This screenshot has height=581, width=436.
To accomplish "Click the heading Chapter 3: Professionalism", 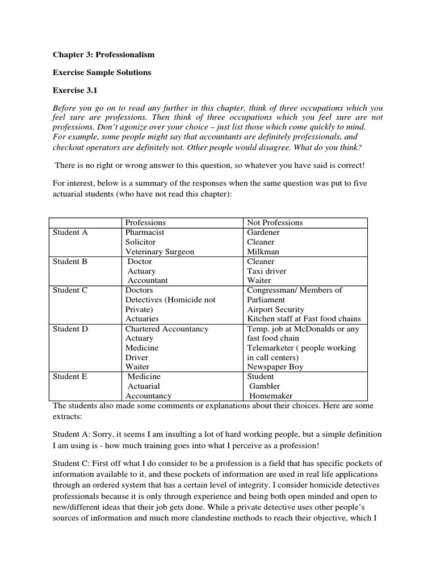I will click(103, 55).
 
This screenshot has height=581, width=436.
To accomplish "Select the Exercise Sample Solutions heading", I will click(102, 73).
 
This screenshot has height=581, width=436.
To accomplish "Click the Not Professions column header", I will click(275, 222).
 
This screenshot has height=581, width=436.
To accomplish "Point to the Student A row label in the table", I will click(70, 232).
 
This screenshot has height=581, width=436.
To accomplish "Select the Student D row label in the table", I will click(70, 329).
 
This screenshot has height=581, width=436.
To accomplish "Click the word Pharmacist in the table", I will click(145, 232).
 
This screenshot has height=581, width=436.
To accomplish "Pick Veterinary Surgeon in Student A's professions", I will click(160, 251).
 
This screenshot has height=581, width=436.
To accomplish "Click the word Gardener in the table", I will click(263, 232).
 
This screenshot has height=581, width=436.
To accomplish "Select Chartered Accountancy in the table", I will click(167, 329).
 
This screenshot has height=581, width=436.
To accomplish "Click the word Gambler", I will click(265, 386).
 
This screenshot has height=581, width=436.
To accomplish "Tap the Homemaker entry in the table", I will click(270, 396).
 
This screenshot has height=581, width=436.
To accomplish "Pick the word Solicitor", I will click(140, 242).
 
